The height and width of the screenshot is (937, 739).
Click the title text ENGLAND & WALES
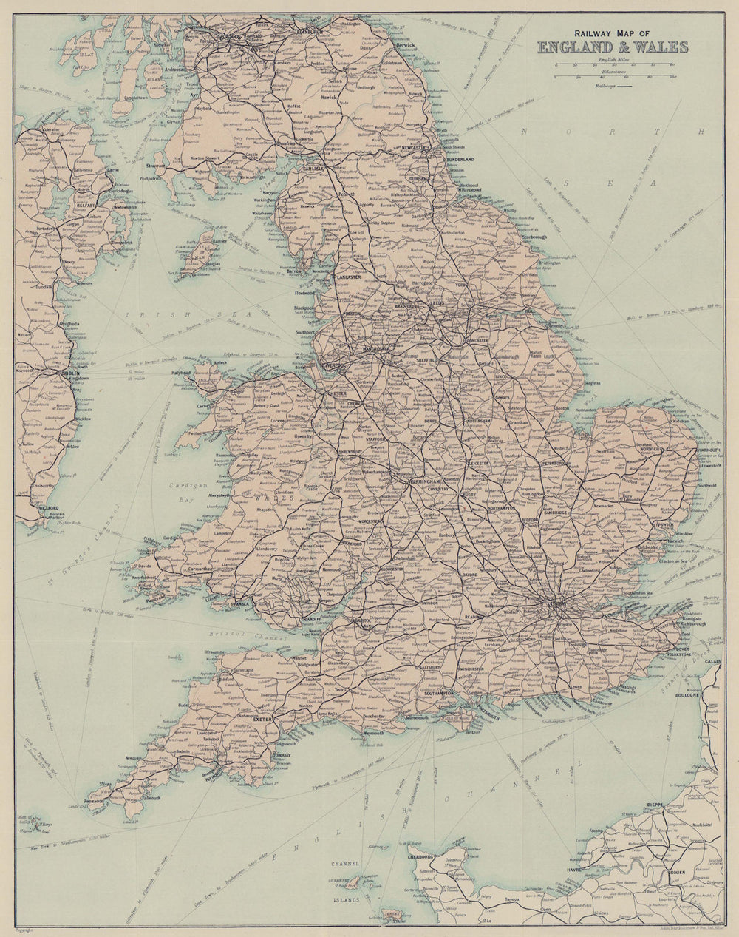point(613,47)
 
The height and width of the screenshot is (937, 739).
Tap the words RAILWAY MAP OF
point(612,33)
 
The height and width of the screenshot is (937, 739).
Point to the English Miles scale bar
point(613,65)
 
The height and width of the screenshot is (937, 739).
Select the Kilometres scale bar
point(613,76)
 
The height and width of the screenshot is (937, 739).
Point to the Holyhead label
point(182,373)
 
